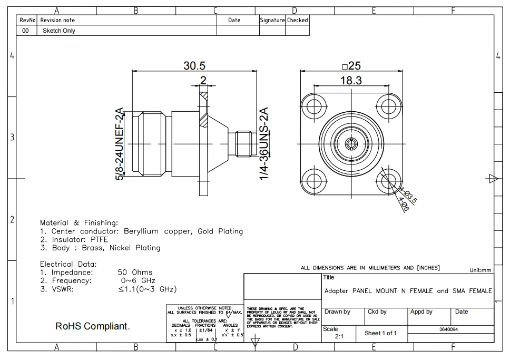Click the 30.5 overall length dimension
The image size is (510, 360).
tap(194, 65)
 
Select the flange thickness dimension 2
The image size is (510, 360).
tap(203, 80)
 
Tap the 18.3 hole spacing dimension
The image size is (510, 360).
tap(351, 80)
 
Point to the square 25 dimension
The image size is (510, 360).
tap(351, 66)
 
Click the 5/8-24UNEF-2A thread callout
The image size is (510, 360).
tap(120, 144)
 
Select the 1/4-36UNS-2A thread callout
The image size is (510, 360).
tap(264, 143)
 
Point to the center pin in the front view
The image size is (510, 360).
tap(351, 144)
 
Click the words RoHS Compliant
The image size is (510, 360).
tap(92, 327)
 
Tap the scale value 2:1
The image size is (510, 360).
tap(340, 336)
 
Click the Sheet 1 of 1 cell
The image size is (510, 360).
tap(380, 333)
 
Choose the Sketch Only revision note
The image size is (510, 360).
tap(58, 31)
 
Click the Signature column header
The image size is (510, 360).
tap(272, 20)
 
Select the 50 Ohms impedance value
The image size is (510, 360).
tap(135, 273)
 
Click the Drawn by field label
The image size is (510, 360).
tap(337, 312)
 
